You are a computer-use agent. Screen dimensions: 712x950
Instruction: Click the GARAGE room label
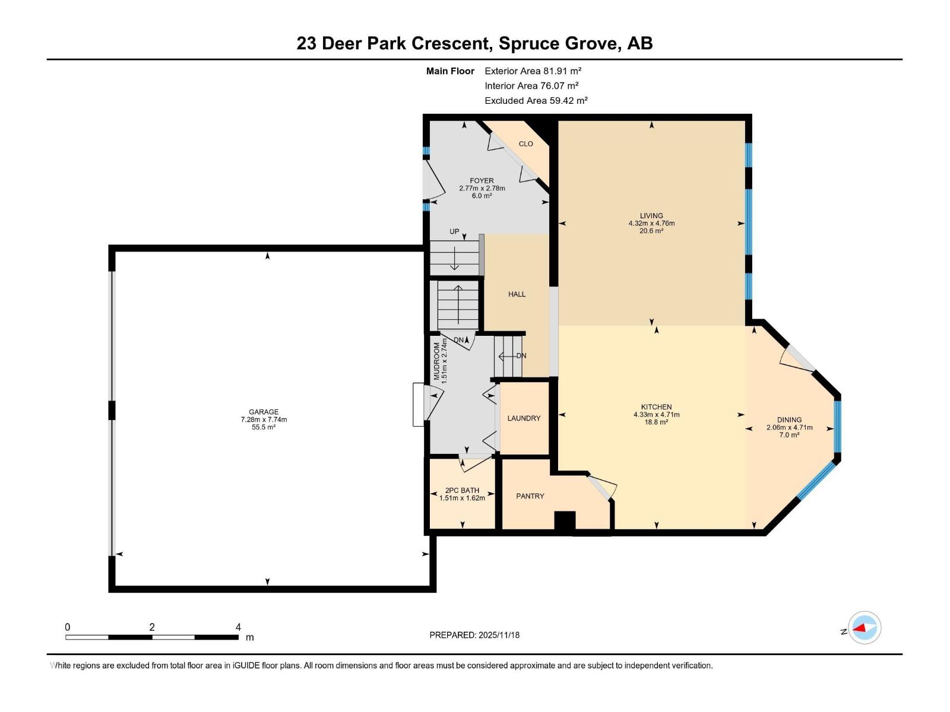pyautogui.click(x=264, y=412)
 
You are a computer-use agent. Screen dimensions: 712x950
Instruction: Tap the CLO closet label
pyautogui.click(x=525, y=144)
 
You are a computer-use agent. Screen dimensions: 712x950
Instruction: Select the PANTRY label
pyautogui.click(x=530, y=496)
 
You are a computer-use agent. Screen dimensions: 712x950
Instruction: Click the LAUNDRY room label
pyautogui.click(x=524, y=418)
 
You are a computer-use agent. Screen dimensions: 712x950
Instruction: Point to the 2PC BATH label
pyautogui.click(x=462, y=491)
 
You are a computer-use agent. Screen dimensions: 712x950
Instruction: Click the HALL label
pyautogui.click(x=517, y=294)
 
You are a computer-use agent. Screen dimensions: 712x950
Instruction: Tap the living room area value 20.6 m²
pyautogui.click(x=651, y=231)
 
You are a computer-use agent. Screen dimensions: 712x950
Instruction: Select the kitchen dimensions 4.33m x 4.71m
pyautogui.click(x=656, y=415)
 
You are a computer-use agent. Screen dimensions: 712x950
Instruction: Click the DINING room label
pyautogui.click(x=789, y=419)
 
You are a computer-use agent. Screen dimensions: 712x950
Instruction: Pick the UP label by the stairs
pyautogui.click(x=454, y=231)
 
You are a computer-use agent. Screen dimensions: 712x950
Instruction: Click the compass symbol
pyautogui.click(x=864, y=628)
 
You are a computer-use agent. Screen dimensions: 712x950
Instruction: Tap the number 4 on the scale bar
pyautogui.click(x=238, y=627)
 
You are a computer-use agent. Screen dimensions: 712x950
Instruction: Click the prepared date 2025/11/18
pyautogui.click(x=498, y=635)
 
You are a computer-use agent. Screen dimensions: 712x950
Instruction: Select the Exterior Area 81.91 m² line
pyautogui.click(x=533, y=71)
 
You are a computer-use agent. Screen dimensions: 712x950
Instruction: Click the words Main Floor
pyautogui.click(x=450, y=71)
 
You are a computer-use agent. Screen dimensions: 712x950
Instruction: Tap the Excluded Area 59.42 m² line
pyautogui.click(x=536, y=100)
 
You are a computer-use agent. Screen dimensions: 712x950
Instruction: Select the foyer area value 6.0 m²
pyautogui.click(x=482, y=196)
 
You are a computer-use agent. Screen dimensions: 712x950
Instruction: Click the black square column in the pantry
pyautogui.click(x=565, y=520)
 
